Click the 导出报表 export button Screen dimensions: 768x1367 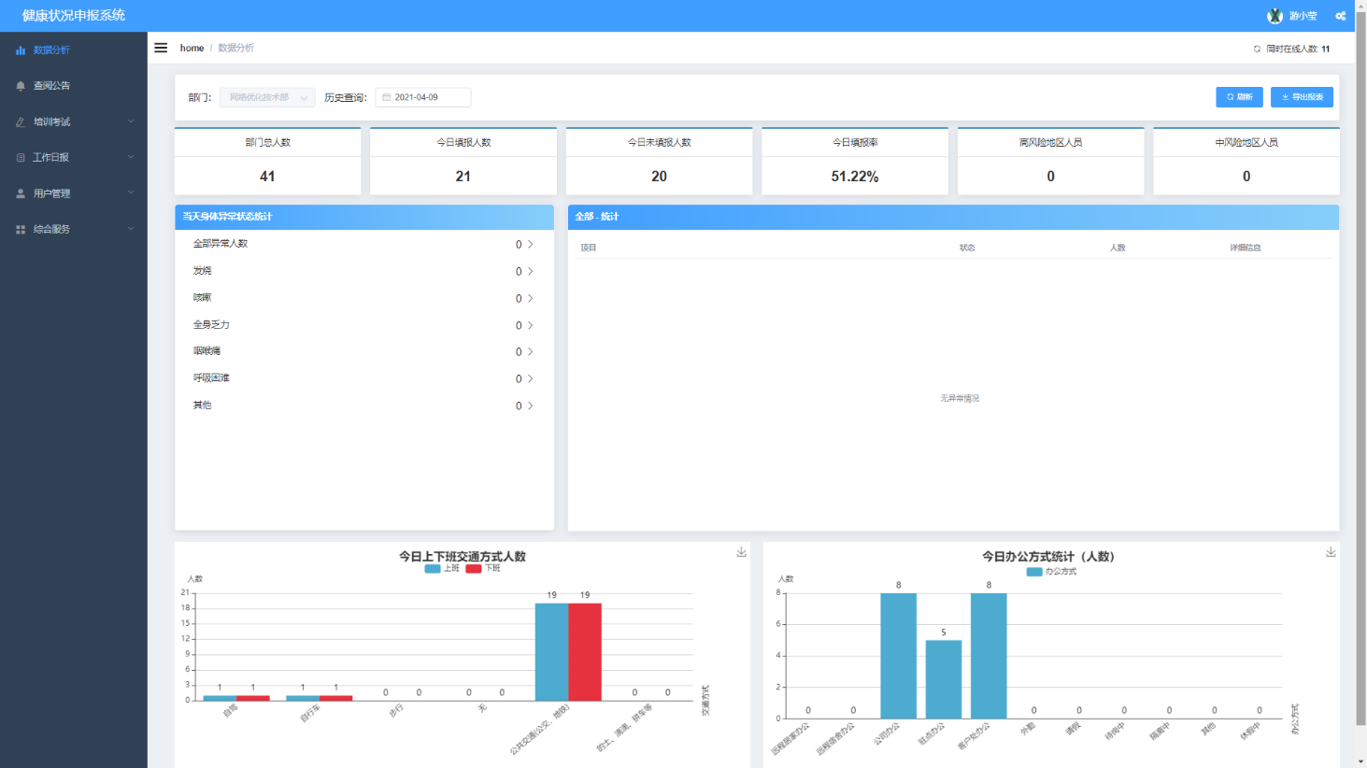click(1302, 97)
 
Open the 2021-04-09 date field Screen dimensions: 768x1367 click(423, 97)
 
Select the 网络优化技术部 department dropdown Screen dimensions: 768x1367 click(267, 97)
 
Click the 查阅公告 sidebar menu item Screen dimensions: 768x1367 click(52, 86)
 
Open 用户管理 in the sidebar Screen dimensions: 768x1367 click(52, 193)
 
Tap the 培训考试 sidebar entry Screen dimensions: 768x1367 click(52, 121)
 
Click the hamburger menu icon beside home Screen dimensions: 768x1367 click(161, 48)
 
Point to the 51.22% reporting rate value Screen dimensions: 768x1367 click(854, 177)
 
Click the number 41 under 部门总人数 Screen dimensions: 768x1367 click(267, 177)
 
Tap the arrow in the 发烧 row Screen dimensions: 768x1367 click(531, 271)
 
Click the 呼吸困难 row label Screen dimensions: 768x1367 click(211, 378)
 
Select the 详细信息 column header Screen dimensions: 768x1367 click(1245, 248)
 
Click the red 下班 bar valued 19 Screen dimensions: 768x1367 click(585, 651)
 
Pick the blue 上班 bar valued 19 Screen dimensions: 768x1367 click(551, 651)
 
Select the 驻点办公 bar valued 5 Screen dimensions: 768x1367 click(944, 679)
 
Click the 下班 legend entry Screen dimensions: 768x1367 click(483, 568)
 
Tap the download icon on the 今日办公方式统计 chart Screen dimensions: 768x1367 click(1331, 552)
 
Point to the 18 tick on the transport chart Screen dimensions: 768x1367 click(186, 608)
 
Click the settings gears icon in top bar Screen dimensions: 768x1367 click(1341, 16)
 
